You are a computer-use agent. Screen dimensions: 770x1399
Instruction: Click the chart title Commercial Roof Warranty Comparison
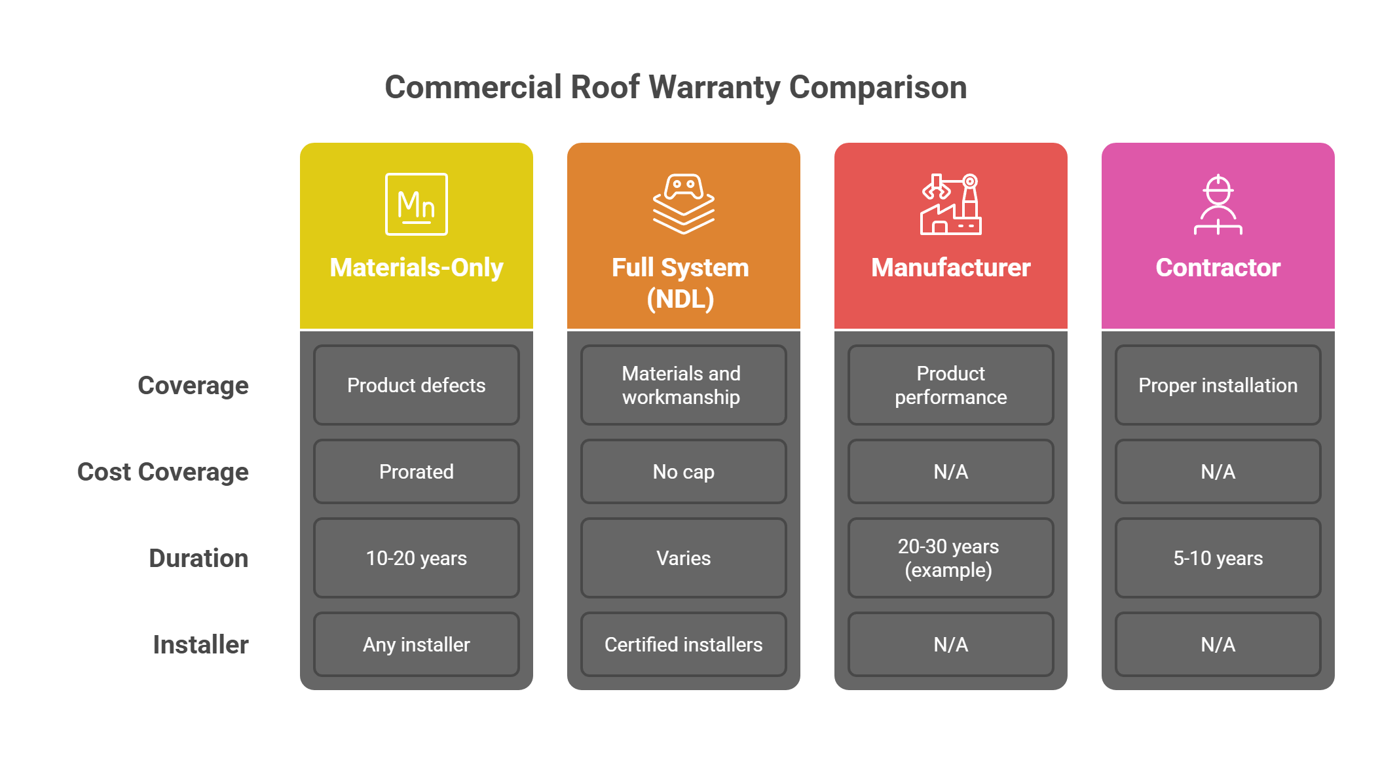pyautogui.click(x=675, y=88)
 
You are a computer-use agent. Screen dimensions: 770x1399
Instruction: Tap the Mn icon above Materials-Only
pyautogui.click(x=416, y=204)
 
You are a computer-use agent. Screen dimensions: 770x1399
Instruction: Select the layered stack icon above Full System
pyautogui.click(x=683, y=204)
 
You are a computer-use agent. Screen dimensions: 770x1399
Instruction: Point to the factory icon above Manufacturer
pyautogui.click(x=950, y=204)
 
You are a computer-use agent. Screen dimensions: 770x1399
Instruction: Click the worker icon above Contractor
pyautogui.click(x=1218, y=204)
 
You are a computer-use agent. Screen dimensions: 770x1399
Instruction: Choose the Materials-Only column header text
pyautogui.click(x=416, y=268)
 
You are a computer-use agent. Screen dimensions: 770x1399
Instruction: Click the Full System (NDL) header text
pyautogui.click(x=681, y=283)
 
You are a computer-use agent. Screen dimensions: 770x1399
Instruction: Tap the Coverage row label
pyautogui.click(x=193, y=386)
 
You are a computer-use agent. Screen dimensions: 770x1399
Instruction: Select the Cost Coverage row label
pyautogui.click(x=163, y=472)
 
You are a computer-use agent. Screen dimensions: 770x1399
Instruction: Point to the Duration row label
pyautogui.click(x=198, y=559)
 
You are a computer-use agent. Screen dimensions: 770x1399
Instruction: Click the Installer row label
pyautogui.click(x=200, y=645)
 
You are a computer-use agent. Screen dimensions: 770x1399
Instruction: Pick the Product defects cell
pyautogui.click(x=416, y=386)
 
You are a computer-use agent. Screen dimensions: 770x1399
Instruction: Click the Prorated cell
pyautogui.click(x=416, y=472)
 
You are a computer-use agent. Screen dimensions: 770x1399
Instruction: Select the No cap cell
pyautogui.click(x=683, y=472)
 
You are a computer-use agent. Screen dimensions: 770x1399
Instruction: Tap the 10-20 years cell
pyautogui.click(x=416, y=559)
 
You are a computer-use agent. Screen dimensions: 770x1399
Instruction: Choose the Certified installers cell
pyautogui.click(x=683, y=645)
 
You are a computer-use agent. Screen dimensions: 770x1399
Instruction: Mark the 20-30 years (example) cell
pyautogui.click(x=949, y=559)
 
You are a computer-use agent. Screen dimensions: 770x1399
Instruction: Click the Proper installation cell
pyautogui.click(x=1218, y=386)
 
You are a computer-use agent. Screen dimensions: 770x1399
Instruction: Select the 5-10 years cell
pyautogui.click(x=1218, y=559)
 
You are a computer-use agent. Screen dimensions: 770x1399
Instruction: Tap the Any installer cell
pyautogui.click(x=416, y=645)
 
